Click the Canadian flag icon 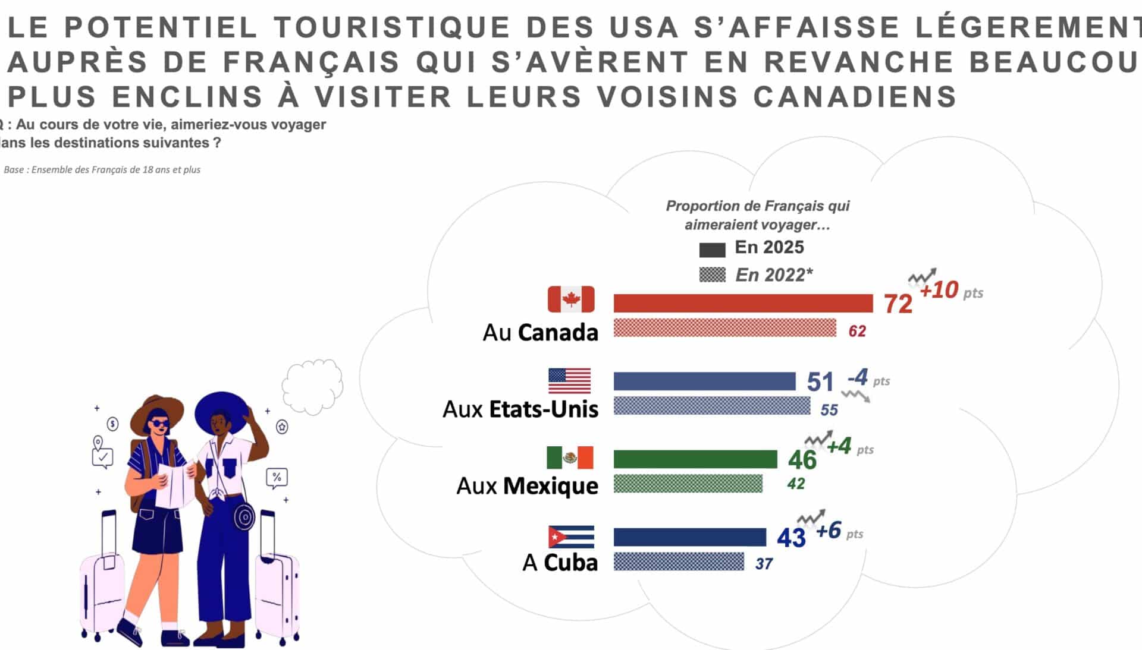pos(571,299)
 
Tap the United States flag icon pos(569,381)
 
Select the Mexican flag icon pos(570,457)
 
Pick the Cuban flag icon pos(571,537)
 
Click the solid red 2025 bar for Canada pos(743,303)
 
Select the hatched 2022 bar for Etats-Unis pos(711,406)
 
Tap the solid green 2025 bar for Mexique pos(695,459)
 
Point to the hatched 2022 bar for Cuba pos(679,561)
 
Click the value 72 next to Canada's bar pos(898,304)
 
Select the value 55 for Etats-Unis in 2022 pos(829,410)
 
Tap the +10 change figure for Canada pos(939,291)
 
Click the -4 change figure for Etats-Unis pos(858,377)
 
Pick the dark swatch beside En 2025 pos(712,250)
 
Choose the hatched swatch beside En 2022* pos(712,274)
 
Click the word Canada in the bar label pos(558,333)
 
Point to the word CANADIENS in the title pos(855,97)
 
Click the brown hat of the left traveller pos(156,410)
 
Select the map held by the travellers pos(174,484)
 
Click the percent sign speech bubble pos(277,478)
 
